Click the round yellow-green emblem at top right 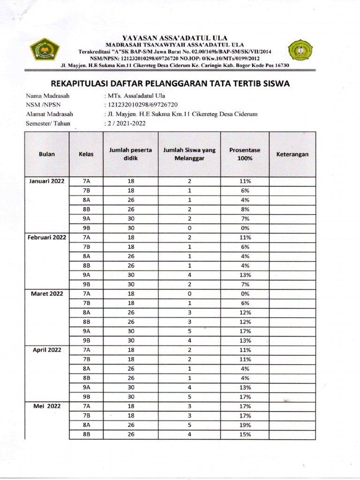coord(300,51)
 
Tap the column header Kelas coord(86,154)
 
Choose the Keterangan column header coord(292,154)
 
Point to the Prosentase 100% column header coord(245,154)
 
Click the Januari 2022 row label coord(47,181)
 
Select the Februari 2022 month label coord(47,238)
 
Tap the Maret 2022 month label coord(47,294)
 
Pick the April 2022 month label coord(47,350)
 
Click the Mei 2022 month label coord(47,406)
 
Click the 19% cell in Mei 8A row coord(245,425)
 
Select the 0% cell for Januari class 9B coord(245,228)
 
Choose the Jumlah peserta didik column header coord(130,154)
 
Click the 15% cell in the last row coord(245,435)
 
